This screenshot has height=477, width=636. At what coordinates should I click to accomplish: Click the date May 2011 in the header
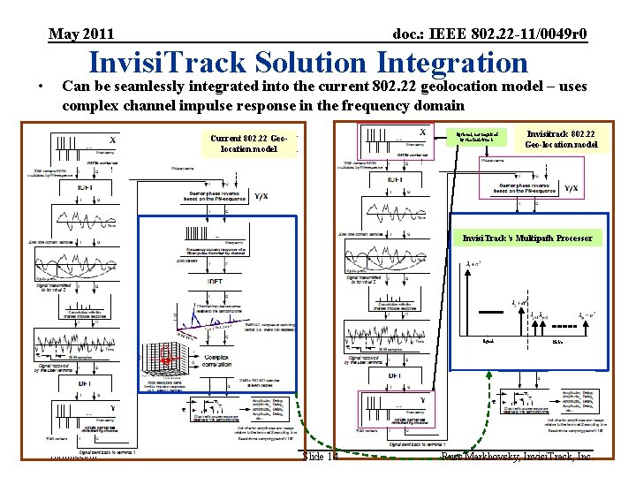81,34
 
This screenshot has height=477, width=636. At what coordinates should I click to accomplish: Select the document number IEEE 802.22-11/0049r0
489,34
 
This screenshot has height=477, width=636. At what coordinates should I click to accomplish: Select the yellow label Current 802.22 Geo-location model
250,144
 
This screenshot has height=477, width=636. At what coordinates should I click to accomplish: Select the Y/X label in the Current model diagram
261,196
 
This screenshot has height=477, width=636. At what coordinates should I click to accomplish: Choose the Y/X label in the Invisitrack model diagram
571,187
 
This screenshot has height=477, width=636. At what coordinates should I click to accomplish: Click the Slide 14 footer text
320,457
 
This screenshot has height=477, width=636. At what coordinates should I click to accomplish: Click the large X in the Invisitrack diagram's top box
423,132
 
